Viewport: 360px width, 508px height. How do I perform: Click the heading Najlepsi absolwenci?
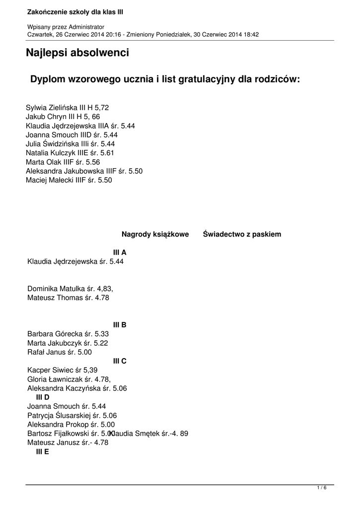click(77, 53)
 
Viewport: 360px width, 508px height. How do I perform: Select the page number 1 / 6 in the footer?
click(322, 488)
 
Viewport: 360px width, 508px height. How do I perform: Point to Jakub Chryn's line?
click(63, 117)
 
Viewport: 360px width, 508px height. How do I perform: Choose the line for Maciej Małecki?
click(69, 180)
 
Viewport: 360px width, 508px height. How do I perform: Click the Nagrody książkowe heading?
click(155, 234)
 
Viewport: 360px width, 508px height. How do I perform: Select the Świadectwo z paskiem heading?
click(242, 234)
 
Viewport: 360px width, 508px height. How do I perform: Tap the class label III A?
click(120, 253)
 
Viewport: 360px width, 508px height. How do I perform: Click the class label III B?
click(120, 325)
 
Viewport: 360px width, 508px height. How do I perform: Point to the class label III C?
click(120, 361)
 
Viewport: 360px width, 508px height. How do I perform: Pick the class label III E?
click(43, 452)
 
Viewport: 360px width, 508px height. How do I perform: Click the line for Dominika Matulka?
click(73, 288)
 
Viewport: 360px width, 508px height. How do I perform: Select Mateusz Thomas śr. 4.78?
click(68, 298)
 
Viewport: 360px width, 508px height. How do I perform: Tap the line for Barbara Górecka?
click(68, 334)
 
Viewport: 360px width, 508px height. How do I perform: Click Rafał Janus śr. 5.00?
click(60, 352)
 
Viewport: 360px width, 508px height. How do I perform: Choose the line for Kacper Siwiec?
click(62, 370)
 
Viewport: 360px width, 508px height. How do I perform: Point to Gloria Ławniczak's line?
click(69, 379)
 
